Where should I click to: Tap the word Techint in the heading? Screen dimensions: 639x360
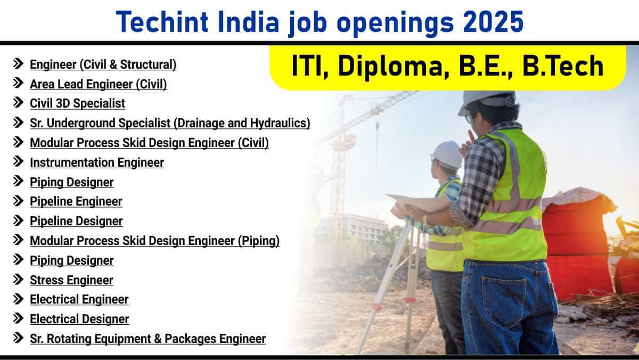coord(162,22)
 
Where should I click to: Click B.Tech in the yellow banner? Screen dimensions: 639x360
coord(563,66)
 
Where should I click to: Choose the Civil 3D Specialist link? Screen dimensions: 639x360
coord(77,103)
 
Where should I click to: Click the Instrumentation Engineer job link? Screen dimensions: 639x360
coord(97,162)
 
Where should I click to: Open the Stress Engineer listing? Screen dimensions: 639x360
coord(71,280)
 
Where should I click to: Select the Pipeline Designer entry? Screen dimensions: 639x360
coord(77,222)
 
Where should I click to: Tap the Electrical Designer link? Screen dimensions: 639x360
coord(79,319)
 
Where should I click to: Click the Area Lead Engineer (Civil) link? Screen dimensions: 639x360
coord(99,85)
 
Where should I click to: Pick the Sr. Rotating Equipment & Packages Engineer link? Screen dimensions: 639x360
coord(148,339)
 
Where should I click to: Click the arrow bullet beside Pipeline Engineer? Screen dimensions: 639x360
coord(18,201)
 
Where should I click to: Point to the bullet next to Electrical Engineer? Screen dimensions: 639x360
coord(18,299)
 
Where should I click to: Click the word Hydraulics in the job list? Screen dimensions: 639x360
coord(280,123)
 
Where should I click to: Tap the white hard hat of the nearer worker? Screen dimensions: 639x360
coord(487,102)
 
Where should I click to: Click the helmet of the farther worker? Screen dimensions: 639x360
coord(447,155)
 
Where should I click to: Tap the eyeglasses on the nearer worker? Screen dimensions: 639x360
coord(468,118)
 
